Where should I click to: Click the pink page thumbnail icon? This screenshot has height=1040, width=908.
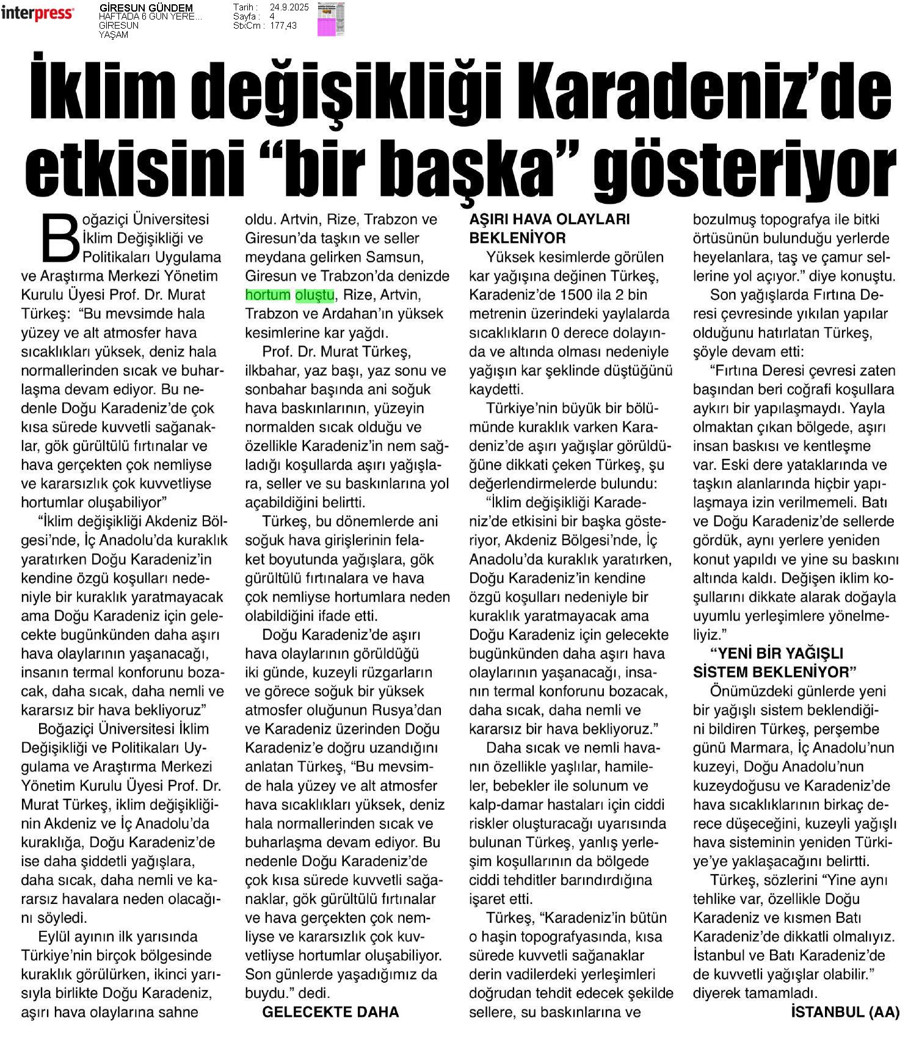point(330,19)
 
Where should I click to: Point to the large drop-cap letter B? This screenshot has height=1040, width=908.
point(60,237)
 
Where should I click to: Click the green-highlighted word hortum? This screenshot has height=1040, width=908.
point(267,295)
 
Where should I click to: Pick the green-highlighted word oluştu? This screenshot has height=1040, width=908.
point(314,295)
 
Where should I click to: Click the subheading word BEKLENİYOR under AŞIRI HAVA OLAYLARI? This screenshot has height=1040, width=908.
point(517,238)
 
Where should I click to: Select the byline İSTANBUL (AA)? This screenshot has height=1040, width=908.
point(844,1012)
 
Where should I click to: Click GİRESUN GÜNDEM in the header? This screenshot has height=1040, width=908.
point(146,8)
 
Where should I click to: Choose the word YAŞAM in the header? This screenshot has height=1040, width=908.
point(114,35)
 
